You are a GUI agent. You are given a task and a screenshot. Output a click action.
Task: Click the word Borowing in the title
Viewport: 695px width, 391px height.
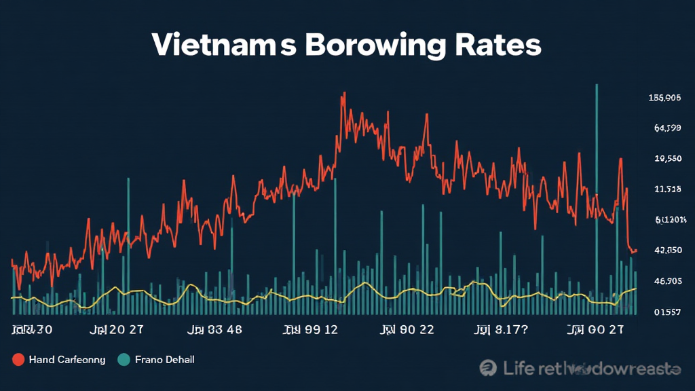[375, 45]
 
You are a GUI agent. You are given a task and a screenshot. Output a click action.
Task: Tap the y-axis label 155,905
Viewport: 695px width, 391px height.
[664, 98]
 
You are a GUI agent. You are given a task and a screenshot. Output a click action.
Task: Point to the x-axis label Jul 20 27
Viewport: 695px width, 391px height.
[116, 331]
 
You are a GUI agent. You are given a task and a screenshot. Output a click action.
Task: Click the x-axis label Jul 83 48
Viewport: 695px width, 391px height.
[214, 331]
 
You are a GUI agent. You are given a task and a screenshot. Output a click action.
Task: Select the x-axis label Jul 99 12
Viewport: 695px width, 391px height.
[310, 331]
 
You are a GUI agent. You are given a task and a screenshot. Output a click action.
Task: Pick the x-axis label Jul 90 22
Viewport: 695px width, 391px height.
[407, 331]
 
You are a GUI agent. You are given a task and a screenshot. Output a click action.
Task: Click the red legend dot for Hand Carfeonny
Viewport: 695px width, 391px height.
[18, 359]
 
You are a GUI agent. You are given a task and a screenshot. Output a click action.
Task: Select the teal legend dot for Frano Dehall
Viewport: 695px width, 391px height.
[124, 359]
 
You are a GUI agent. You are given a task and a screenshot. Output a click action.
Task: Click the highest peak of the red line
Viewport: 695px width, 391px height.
[344, 94]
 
